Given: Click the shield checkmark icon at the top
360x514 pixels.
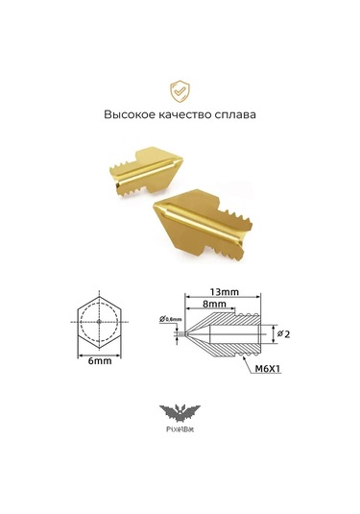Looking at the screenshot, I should (180, 91).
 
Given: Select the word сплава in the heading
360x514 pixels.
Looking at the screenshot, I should (239, 114).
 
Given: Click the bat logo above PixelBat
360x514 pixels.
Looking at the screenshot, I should (180, 414).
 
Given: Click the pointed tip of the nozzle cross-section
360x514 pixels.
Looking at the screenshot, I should (185, 332).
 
